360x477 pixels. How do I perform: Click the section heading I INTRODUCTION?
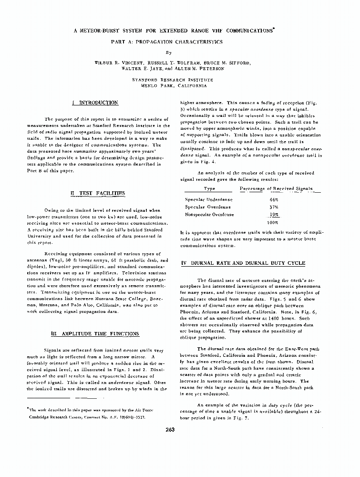pyautogui.click(x=94, y=103)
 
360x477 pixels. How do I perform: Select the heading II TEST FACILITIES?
pyautogui.click(x=97, y=193)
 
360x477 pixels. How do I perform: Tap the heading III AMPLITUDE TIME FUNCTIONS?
pyautogui.click(x=95, y=333)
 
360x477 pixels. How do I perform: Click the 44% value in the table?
pyautogui.click(x=274, y=199)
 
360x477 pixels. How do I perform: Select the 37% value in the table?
pyautogui.click(x=274, y=207)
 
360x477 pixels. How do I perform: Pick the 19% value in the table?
pyautogui.click(x=274, y=215)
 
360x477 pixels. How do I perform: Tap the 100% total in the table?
pyautogui.click(x=272, y=222)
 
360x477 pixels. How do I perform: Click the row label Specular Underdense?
pyautogui.click(x=209, y=199)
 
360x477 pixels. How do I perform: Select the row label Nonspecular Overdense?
pyautogui.click(x=209, y=215)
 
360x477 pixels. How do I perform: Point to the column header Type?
pyautogui.click(x=209, y=189)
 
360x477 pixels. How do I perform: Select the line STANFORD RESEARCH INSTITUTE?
pyautogui.click(x=173, y=80)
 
